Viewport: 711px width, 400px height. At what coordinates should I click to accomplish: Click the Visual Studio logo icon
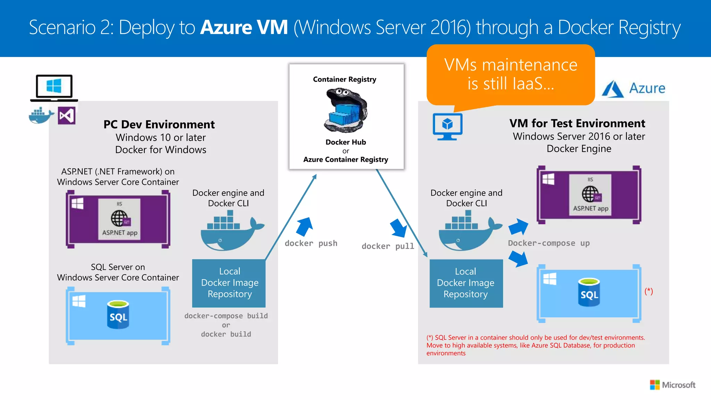coord(66,116)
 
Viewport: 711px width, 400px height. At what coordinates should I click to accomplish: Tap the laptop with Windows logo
coord(54,87)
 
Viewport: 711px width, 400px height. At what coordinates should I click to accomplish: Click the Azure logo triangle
coord(612,89)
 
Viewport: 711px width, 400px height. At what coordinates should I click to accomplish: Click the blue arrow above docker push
coord(304,226)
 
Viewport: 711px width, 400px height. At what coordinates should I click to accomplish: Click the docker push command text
coord(311,243)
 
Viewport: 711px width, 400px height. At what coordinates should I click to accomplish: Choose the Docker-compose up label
coord(549,243)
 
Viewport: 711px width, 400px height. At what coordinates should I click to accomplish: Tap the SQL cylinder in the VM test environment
coord(589,292)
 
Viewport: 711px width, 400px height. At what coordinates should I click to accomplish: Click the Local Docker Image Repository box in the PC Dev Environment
coord(229,283)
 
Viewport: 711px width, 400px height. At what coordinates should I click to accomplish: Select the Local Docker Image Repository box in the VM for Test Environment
coord(466,283)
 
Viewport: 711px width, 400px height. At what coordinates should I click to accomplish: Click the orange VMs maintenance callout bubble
coord(510,74)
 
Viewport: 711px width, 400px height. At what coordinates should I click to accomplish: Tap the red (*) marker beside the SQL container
coord(649,291)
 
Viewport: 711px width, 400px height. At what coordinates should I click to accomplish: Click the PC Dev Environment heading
coord(159,124)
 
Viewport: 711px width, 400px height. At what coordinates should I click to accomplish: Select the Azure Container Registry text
coord(345,159)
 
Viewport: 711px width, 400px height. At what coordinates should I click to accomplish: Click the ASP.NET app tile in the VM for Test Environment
coord(590,195)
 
